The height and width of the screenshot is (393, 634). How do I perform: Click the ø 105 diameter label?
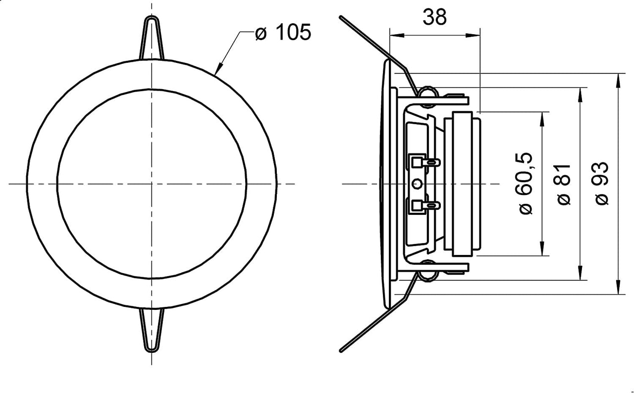283,32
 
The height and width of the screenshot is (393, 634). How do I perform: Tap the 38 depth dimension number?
434,17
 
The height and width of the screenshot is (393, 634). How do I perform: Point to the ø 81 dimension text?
564,184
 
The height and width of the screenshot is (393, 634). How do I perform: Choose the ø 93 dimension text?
602,183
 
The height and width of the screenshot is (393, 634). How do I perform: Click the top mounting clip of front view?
152,38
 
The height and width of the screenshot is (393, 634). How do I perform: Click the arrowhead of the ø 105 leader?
218,68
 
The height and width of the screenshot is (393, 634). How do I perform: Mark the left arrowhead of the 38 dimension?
397,35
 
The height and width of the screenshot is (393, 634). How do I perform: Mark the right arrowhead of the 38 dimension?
473,35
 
